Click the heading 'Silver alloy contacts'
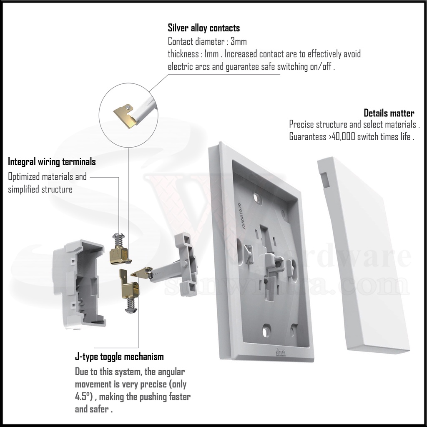point(203,28)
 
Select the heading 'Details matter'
point(389,113)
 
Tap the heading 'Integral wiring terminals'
point(52,161)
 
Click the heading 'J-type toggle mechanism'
point(119,357)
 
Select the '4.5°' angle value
point(83,396)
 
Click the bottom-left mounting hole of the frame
point(265,331)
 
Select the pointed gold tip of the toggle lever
point(136,274)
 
